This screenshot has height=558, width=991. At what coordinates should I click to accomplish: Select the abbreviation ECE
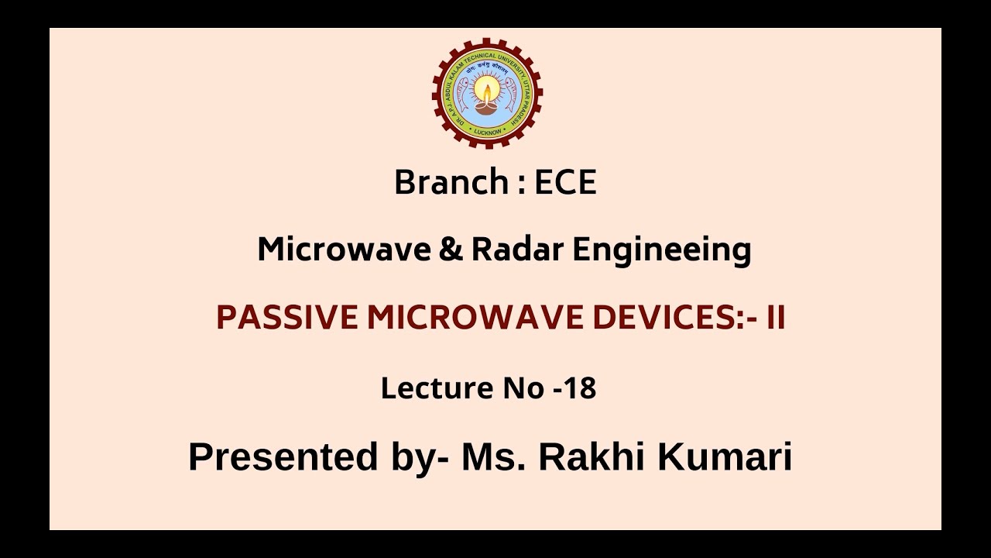point(565,183)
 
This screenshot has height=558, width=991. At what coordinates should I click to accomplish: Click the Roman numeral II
point(776,318)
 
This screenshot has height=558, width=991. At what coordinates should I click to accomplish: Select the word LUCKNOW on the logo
point(487,132)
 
